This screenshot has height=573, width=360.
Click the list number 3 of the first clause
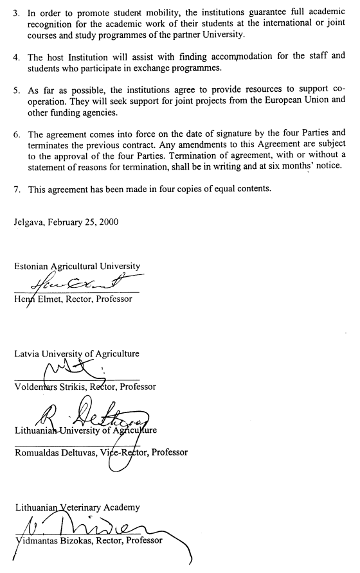[x=16, y=13]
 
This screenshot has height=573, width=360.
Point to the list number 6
[x=16, y=135]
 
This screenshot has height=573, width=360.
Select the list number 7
[x=16, y=190]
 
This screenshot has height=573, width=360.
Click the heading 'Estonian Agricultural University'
[x=76, y=267]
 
